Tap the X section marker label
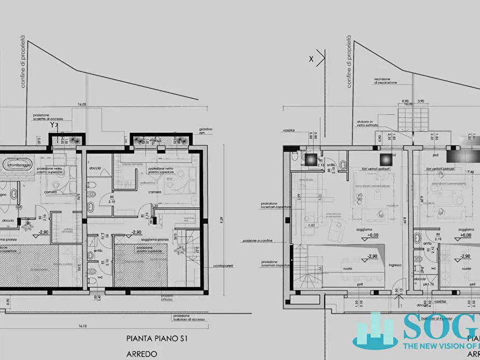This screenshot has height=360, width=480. [x=311, y=59]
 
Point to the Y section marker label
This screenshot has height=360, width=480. [x=52, y=125]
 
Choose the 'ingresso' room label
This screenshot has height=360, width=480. [x=395, y=264]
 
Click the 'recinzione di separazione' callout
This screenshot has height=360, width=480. [x=386, y=81]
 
